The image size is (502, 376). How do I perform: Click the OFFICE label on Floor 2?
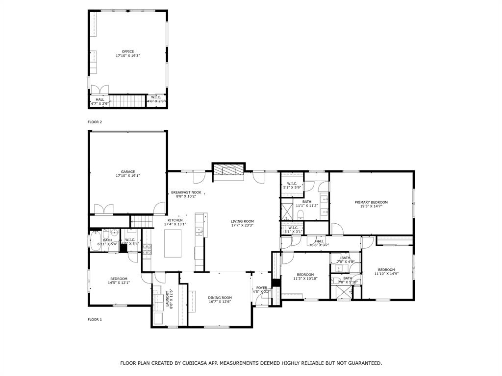pyautogui.click(x=128, y=51)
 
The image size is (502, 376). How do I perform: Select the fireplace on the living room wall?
pyautogui.click(x=227, y=170)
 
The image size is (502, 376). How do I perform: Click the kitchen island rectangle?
pyautogui.click(x=173, y=243)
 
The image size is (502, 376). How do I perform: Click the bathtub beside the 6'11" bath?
pyautogui.click(x=95, y=241)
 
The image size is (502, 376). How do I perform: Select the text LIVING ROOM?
pyautogui.click(x=242, y=221)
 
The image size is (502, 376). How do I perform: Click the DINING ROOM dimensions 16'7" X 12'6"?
pyautogui.click(x=220, y=302)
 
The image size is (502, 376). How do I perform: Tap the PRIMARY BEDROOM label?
pyautogui.click(x=371, y=202)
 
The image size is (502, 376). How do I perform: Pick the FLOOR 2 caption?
pyautogui.click(x=95, y=122)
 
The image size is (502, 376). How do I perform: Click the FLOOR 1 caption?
pyautogui.click(x=95, y=319)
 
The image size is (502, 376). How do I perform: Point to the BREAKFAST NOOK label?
pyautogui.click(x=186, y=192)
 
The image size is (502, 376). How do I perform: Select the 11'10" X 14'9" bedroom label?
pyautogui.click(x=386, y=272)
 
